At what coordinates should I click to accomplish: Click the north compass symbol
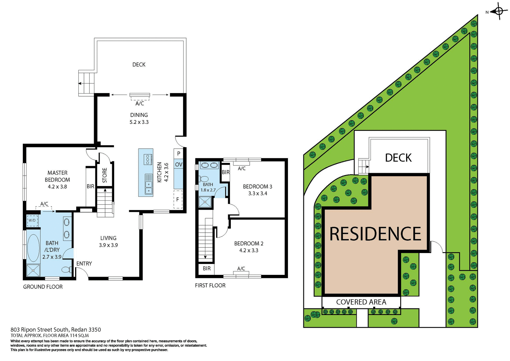tap(499, 11)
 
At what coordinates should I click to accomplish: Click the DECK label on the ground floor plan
tap(139, 65)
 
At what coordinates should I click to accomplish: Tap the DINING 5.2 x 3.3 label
tap(139, 119)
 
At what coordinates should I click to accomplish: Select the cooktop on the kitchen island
tap(148, 159)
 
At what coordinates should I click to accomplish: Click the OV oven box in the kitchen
tap(178, 165)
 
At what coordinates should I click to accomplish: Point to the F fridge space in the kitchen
tap(178, 199)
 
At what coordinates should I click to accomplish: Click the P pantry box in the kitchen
tap(178, 153)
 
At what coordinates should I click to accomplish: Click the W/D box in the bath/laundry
tap(32, 220)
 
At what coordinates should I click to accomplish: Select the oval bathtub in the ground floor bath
tap(33, 248)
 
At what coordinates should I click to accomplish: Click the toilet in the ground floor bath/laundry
tap(66, 270)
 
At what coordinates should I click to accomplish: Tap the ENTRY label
tap(84, 263)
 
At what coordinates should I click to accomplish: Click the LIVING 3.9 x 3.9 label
tap(108, 242)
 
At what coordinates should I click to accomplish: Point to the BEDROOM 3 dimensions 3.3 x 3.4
tap(258, 194)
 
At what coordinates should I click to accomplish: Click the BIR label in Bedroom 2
tap(207, 268)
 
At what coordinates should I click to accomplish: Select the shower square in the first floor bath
tap(205, 202)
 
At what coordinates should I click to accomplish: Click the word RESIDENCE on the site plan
tap(375, 234)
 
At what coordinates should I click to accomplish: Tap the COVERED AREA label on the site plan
tap(361, 302)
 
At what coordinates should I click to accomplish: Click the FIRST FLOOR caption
tap(210, 286)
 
